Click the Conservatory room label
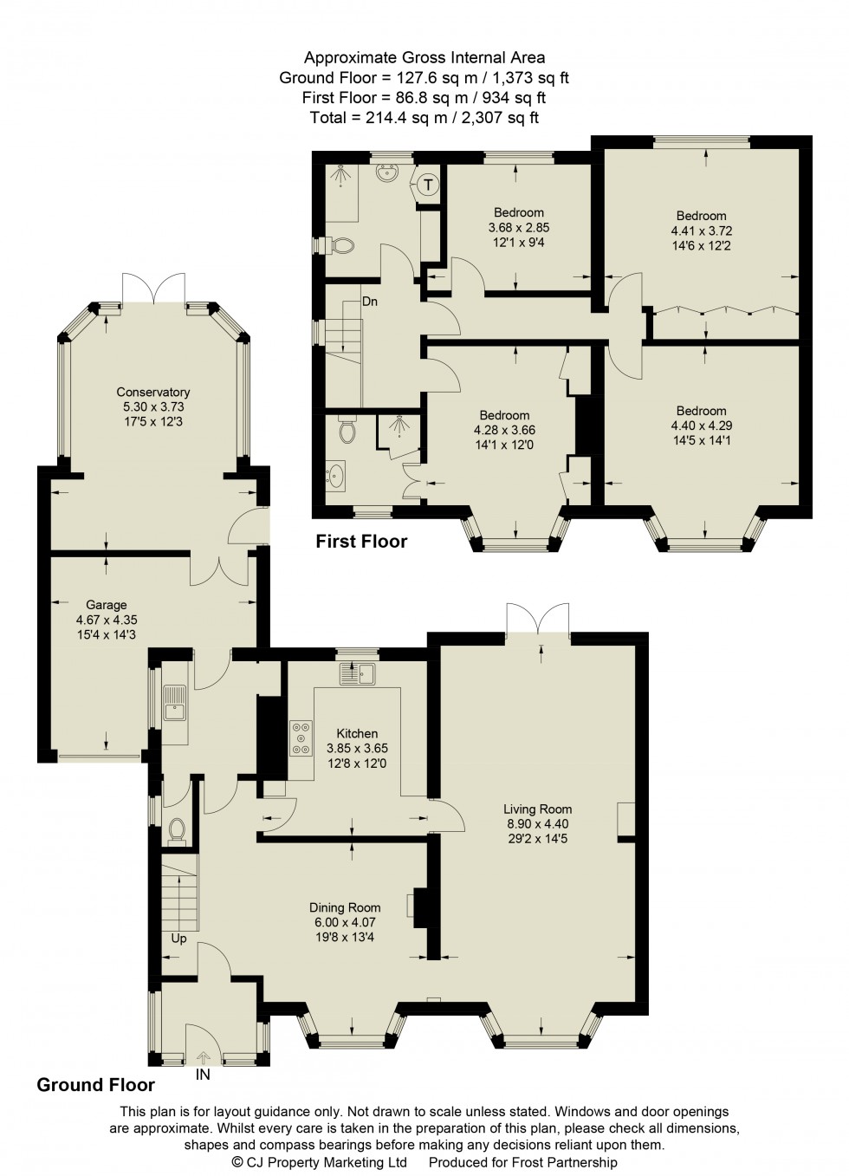pyautogui.click(x=152, y=393)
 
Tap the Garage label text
pyautogui.click(x=106, y=605)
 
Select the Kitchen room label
pyautogui.click(x=357, y=733)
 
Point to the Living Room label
pyautogui.click(x=537, y=809)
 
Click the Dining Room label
pyautogui.click(x=345, y=907)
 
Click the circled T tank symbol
pyautogui.click(x=429, y=185)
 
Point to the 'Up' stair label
pyautogui.click(x=178, y=939)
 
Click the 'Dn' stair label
pyautogui.click(x=370, y=302)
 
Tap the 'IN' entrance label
pyautogui.click(x=203, y=1075)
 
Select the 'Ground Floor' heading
pyautogui.click(x=95, y=1085)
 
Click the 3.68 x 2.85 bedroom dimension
pyautogui.click(x=518, y=228)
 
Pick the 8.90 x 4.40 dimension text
pyautogui.click(x=537, y=824)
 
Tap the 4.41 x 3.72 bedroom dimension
pyautogui.click(x=701, y=231)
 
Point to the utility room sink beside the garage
pyautogui.click(x=174, y=703)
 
